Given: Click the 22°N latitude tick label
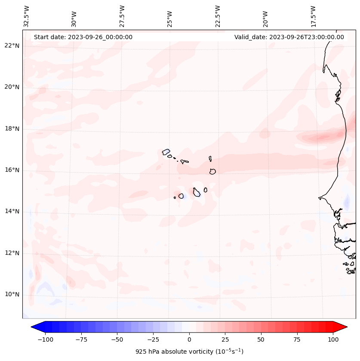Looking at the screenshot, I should click(x=12, y=46).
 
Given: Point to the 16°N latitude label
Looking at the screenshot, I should click(x=12, y=170).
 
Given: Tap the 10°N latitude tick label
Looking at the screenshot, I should click(x=12, y=294).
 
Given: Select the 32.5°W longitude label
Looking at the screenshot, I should click(x=27, y=16).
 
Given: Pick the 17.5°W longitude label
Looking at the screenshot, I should click(x=313, y=16).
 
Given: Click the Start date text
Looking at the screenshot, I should click(x=83, y=37).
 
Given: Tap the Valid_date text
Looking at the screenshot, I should click(x=289, y=37).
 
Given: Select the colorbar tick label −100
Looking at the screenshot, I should click(x=45, y=339).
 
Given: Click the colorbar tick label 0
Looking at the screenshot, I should click(x=189, y=339).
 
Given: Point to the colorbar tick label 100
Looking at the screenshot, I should click(x=333, y=339).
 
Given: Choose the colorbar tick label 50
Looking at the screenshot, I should click(x=261, y=339).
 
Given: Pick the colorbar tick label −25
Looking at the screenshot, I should click(x=153, y=339).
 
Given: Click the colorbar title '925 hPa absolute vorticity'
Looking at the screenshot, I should click(x=189, y=352).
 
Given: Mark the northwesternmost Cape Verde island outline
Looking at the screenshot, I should click(x=166, y=151).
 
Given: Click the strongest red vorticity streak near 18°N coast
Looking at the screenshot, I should click(x=323, y=138).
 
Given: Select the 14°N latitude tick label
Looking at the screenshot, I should click(x=12, y=211).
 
